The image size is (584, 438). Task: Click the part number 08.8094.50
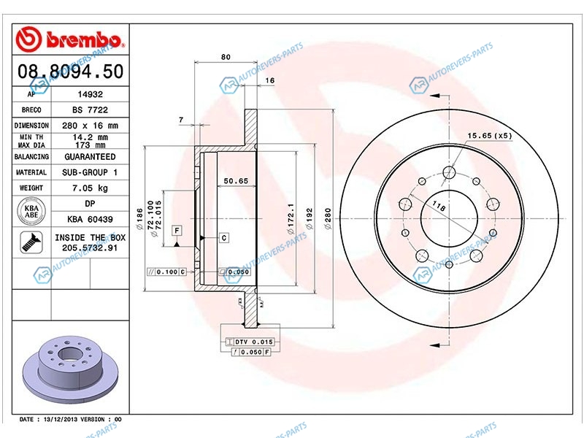[69, 71]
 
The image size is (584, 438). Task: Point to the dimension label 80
[226, 56]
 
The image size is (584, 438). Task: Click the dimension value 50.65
[237, 180]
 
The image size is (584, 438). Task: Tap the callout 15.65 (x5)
[490, 136]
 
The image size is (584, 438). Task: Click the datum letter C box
[223, 238]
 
